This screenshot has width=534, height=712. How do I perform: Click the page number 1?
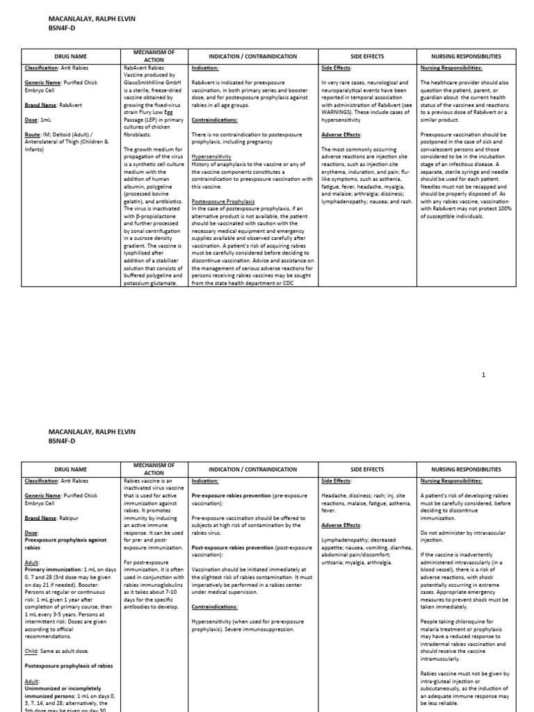click(x=484, y=375)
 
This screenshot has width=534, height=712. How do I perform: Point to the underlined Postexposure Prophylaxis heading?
click(x=223, y=201)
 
